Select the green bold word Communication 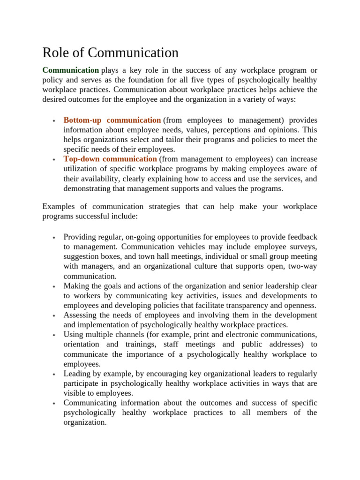[x=70, y=70]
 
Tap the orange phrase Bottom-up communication [x=112, y=120]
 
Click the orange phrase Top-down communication [x=110, y=159]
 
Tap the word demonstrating [x=86, y=188]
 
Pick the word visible [x=74, y=393]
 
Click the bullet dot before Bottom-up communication [x=54, y=121]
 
